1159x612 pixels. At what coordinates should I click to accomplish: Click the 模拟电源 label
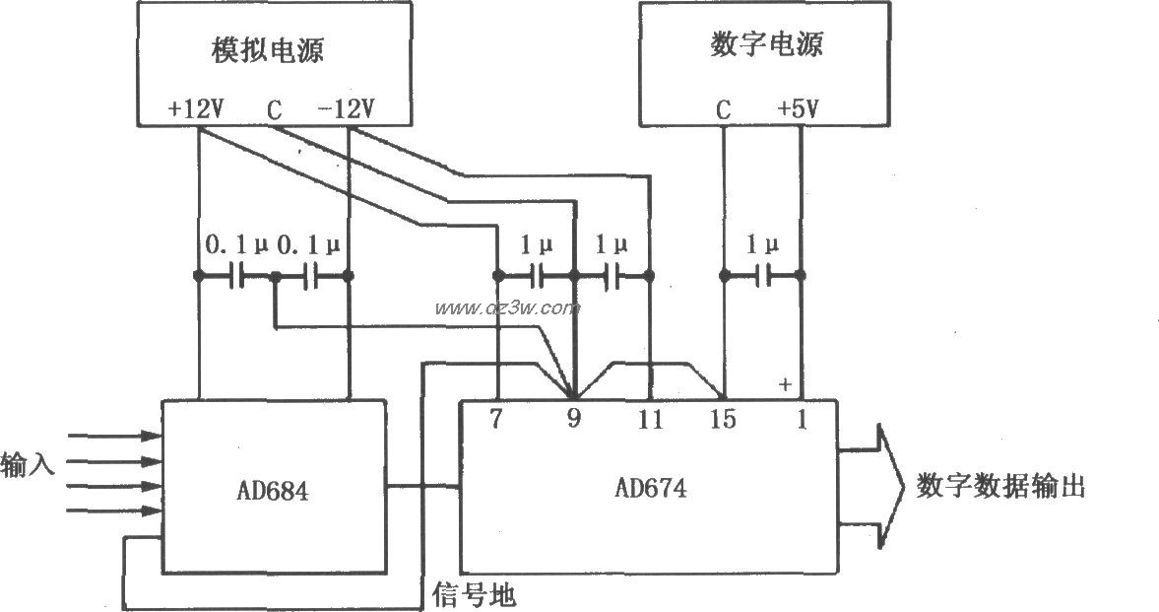click(267, 50)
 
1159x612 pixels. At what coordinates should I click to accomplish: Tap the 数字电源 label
click(766, 45)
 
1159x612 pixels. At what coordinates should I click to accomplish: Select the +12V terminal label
click(197, 109)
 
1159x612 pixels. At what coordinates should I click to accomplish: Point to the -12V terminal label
click(346, 109)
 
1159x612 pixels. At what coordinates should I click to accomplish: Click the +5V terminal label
click(798, 109)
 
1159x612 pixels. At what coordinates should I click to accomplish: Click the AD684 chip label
click(272, 490)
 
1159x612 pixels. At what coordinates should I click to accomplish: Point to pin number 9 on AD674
click(573, 419)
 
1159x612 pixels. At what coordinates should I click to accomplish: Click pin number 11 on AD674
click(649, 419)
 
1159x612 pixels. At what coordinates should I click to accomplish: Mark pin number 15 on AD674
click(724, 419)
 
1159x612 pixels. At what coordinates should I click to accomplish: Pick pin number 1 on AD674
click(801, 419)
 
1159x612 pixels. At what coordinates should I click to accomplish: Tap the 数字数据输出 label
click(1000, 487)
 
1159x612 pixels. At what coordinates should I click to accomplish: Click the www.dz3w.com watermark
click(507, 308)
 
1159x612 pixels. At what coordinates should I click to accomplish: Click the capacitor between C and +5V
click(761, 276)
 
